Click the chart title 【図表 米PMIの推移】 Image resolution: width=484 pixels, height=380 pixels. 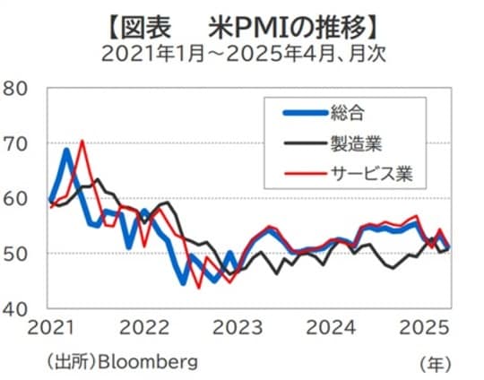click(x=242, y=20)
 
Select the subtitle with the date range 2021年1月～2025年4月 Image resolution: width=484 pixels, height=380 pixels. click(x=242, y=51)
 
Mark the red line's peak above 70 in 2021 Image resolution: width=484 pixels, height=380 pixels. click(x=82, y=141)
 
